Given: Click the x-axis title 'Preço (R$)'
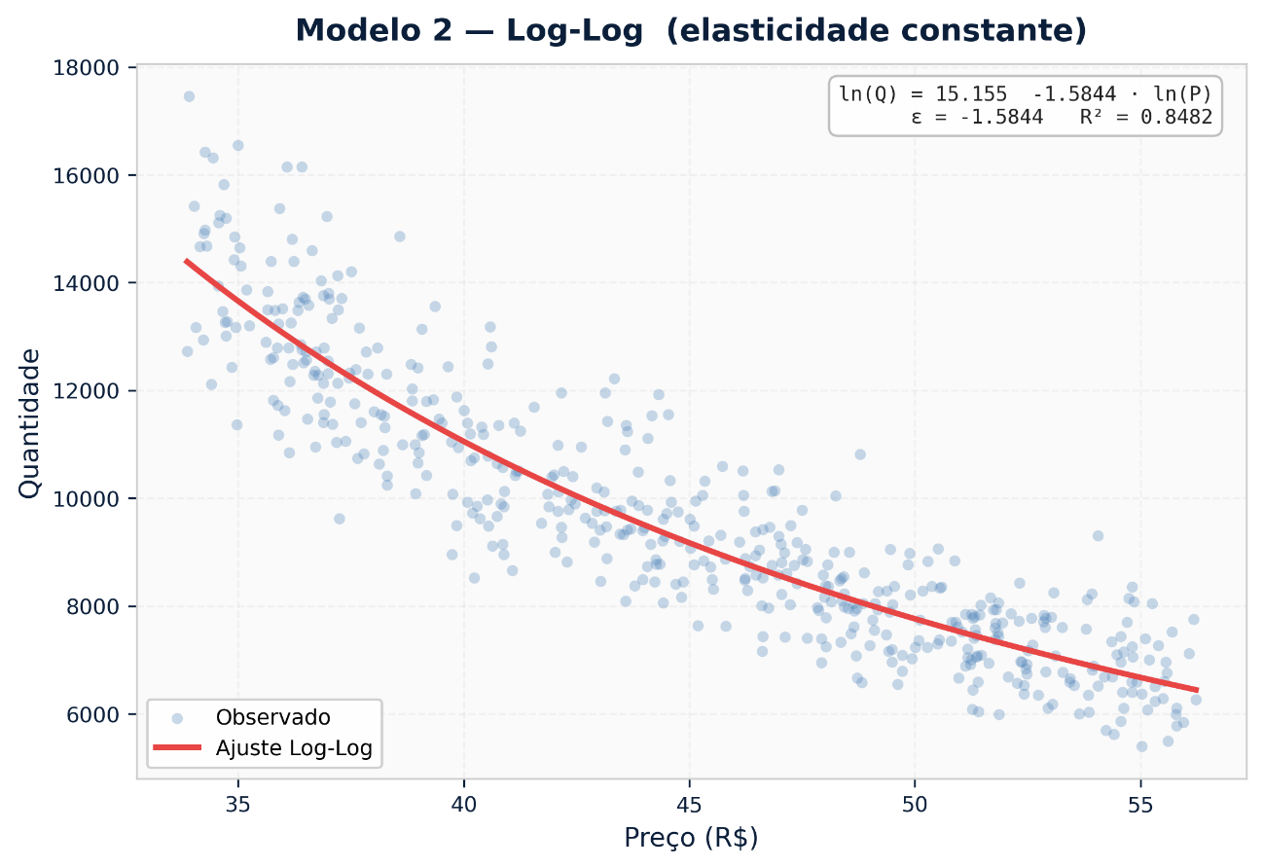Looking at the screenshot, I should point(691,838).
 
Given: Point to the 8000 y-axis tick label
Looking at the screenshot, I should point(94,606).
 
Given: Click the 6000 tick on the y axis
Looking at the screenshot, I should point(94,714).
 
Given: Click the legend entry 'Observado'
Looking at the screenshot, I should point(272,718).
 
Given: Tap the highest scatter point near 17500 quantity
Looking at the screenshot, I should point(189,96).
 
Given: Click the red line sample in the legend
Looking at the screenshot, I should point(177,748).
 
